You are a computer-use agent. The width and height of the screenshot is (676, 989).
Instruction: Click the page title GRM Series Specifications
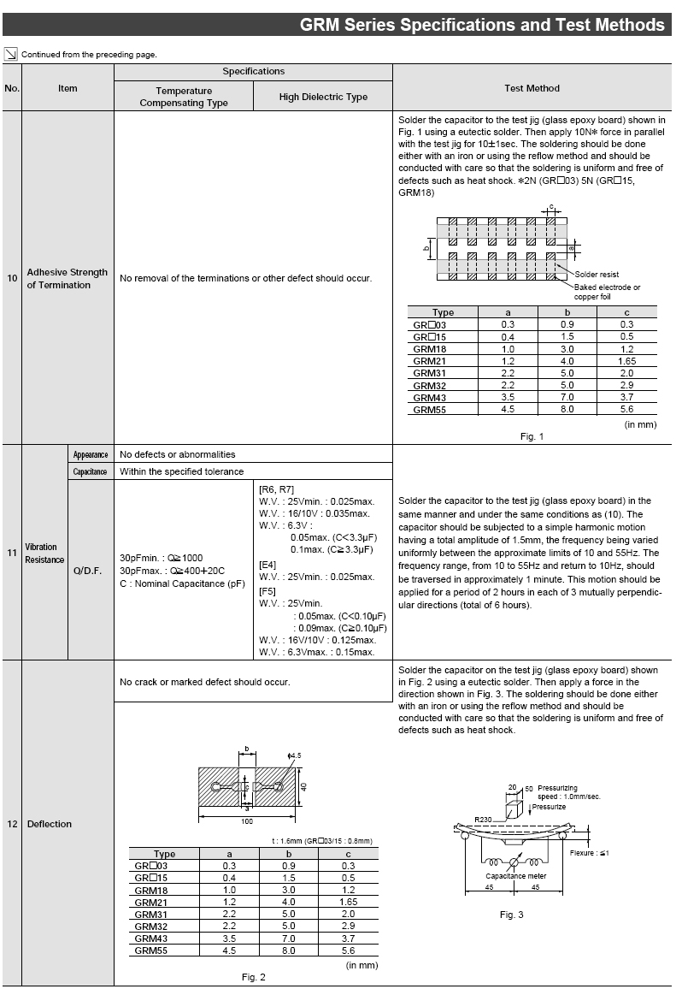pos(481,25)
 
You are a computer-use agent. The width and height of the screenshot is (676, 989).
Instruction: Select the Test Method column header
pos(532,88)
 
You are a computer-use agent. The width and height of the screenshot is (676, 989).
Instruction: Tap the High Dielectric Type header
pos(323,97)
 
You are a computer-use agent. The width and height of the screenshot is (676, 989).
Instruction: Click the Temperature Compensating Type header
pos(184,97)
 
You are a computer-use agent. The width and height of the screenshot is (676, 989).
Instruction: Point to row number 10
pos(12,278)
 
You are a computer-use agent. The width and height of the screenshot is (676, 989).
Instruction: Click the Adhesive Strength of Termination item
pos(68,278)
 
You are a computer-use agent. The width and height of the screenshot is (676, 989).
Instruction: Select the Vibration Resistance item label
pos(44,553)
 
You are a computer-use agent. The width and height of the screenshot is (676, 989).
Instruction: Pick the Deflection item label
pos(50,824)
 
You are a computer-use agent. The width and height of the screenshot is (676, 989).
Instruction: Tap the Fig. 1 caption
pos(532,436)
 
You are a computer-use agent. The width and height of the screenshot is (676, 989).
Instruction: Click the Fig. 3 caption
pos(511,915)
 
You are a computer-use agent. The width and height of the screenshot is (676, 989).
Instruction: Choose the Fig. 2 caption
pos(253,977)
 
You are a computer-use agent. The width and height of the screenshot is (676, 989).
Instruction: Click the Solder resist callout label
pos(597,274)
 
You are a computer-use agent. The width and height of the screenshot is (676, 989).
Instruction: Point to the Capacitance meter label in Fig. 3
pos(516,876)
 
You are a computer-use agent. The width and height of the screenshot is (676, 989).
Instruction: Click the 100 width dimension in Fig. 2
pos(247,820)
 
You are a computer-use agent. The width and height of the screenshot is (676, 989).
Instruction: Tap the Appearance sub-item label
pos(91,454)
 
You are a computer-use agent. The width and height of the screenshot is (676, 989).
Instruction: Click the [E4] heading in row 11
pos(267,565)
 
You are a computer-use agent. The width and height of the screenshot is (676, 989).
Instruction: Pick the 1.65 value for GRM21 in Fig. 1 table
pos(626,361)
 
